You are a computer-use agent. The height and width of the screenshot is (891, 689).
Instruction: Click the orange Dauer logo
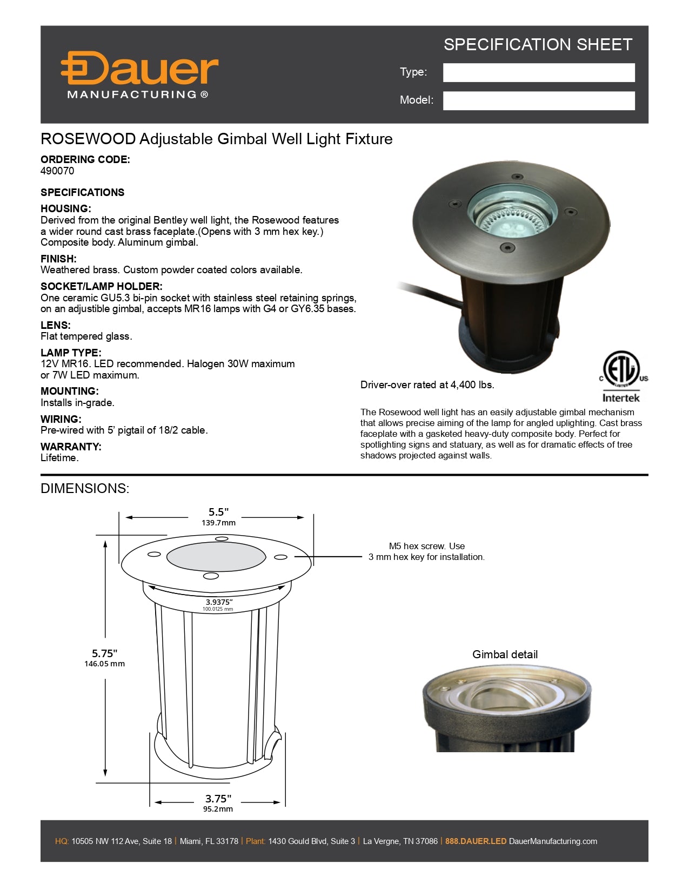coord(139,69)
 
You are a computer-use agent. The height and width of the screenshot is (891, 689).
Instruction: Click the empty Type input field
coord(538,72)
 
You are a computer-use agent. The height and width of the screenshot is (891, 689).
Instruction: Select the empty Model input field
coord(538,100)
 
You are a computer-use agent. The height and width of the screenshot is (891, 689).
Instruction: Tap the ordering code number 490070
coord(57,171)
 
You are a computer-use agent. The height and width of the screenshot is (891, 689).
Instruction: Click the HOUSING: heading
coord(65,208)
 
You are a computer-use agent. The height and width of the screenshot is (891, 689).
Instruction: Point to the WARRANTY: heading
coord(71,447)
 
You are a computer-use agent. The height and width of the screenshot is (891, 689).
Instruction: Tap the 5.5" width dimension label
coord(218,512)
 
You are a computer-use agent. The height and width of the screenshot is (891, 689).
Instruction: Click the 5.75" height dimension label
coord(104,653)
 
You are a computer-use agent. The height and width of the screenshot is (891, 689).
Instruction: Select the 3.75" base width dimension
coord(218,799)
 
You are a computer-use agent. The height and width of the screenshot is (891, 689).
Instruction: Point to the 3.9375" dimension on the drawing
coord(218,602)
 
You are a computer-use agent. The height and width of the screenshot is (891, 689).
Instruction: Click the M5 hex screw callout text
coord(426,551)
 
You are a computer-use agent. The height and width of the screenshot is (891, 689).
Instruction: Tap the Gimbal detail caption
coord(505,654)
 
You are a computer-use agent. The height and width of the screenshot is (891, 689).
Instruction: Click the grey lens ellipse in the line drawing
coord(216,557)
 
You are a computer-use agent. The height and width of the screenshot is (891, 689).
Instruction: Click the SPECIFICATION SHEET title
coord(538,44)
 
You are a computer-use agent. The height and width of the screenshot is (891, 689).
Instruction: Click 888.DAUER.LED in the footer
coord(476,841)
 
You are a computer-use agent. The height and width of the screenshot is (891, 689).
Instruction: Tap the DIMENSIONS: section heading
coord(85,488)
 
